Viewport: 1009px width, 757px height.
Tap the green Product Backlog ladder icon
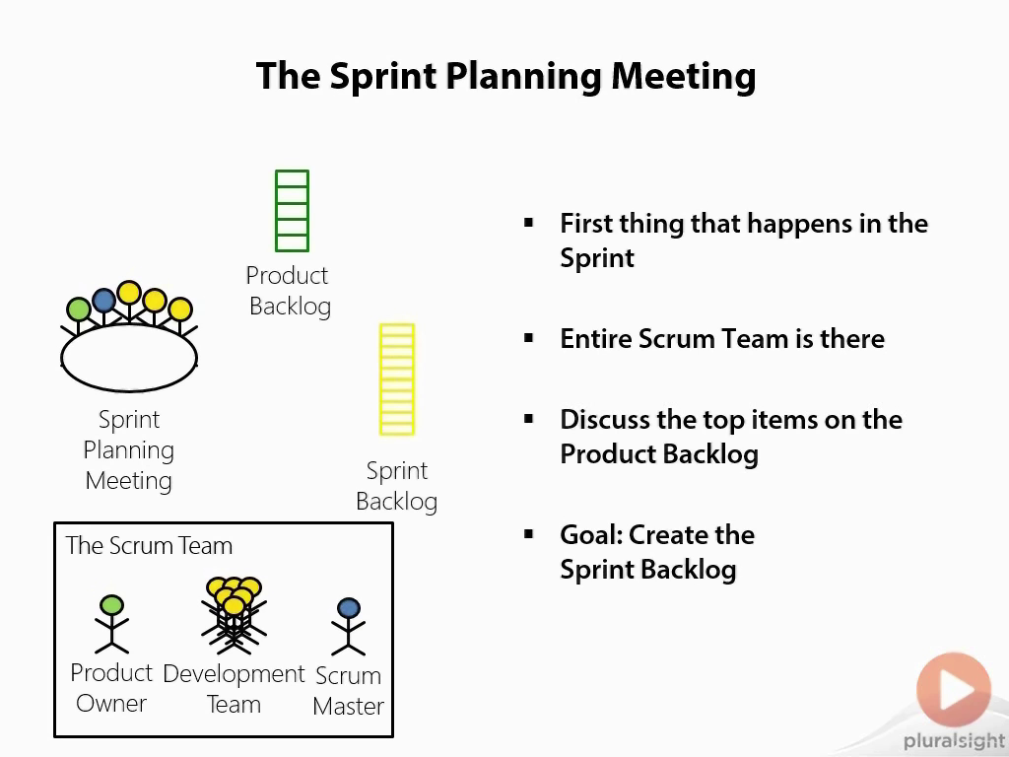coord(292,211)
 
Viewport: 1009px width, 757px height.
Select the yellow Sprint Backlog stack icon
coord(397,379)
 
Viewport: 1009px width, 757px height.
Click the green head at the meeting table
coord(79,310)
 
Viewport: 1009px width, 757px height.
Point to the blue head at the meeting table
coord(103,300)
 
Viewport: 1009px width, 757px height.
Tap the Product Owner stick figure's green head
coord(112,605)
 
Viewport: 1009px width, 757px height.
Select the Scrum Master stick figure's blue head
coord(348,608)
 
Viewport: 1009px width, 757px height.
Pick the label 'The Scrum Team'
coord(149,546)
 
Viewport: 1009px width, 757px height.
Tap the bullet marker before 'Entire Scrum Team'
coord(529,338)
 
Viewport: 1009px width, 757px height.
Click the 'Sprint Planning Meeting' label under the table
coord(129,449)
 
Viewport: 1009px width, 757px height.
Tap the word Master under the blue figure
coord(348,706)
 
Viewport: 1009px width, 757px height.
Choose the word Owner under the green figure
coord(111,704)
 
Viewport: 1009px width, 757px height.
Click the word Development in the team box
coord(234,674)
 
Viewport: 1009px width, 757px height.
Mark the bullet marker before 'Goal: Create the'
coord(529,533)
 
